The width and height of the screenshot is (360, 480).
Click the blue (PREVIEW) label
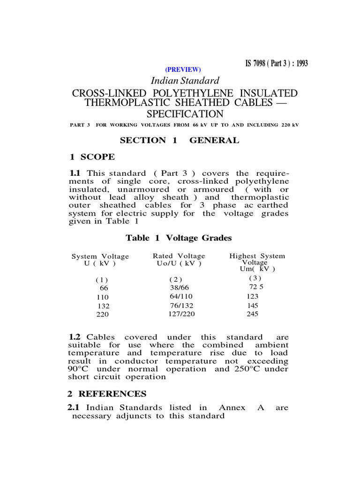[x=182, y=69]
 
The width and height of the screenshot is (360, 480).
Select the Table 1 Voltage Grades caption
[x=179, y=238]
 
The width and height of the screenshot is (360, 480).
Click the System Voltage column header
[x=100, y=260]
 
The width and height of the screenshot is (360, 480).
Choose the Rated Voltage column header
[x=179, y=259]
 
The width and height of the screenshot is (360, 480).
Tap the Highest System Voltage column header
[x=257, y=262]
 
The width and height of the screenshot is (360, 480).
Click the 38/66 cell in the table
[x=180, y=288]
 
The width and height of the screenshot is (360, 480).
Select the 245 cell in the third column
[x=252, y=315]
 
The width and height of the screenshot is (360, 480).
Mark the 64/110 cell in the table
[x=180, y=297]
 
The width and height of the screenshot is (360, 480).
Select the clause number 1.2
[x=75, y=337]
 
